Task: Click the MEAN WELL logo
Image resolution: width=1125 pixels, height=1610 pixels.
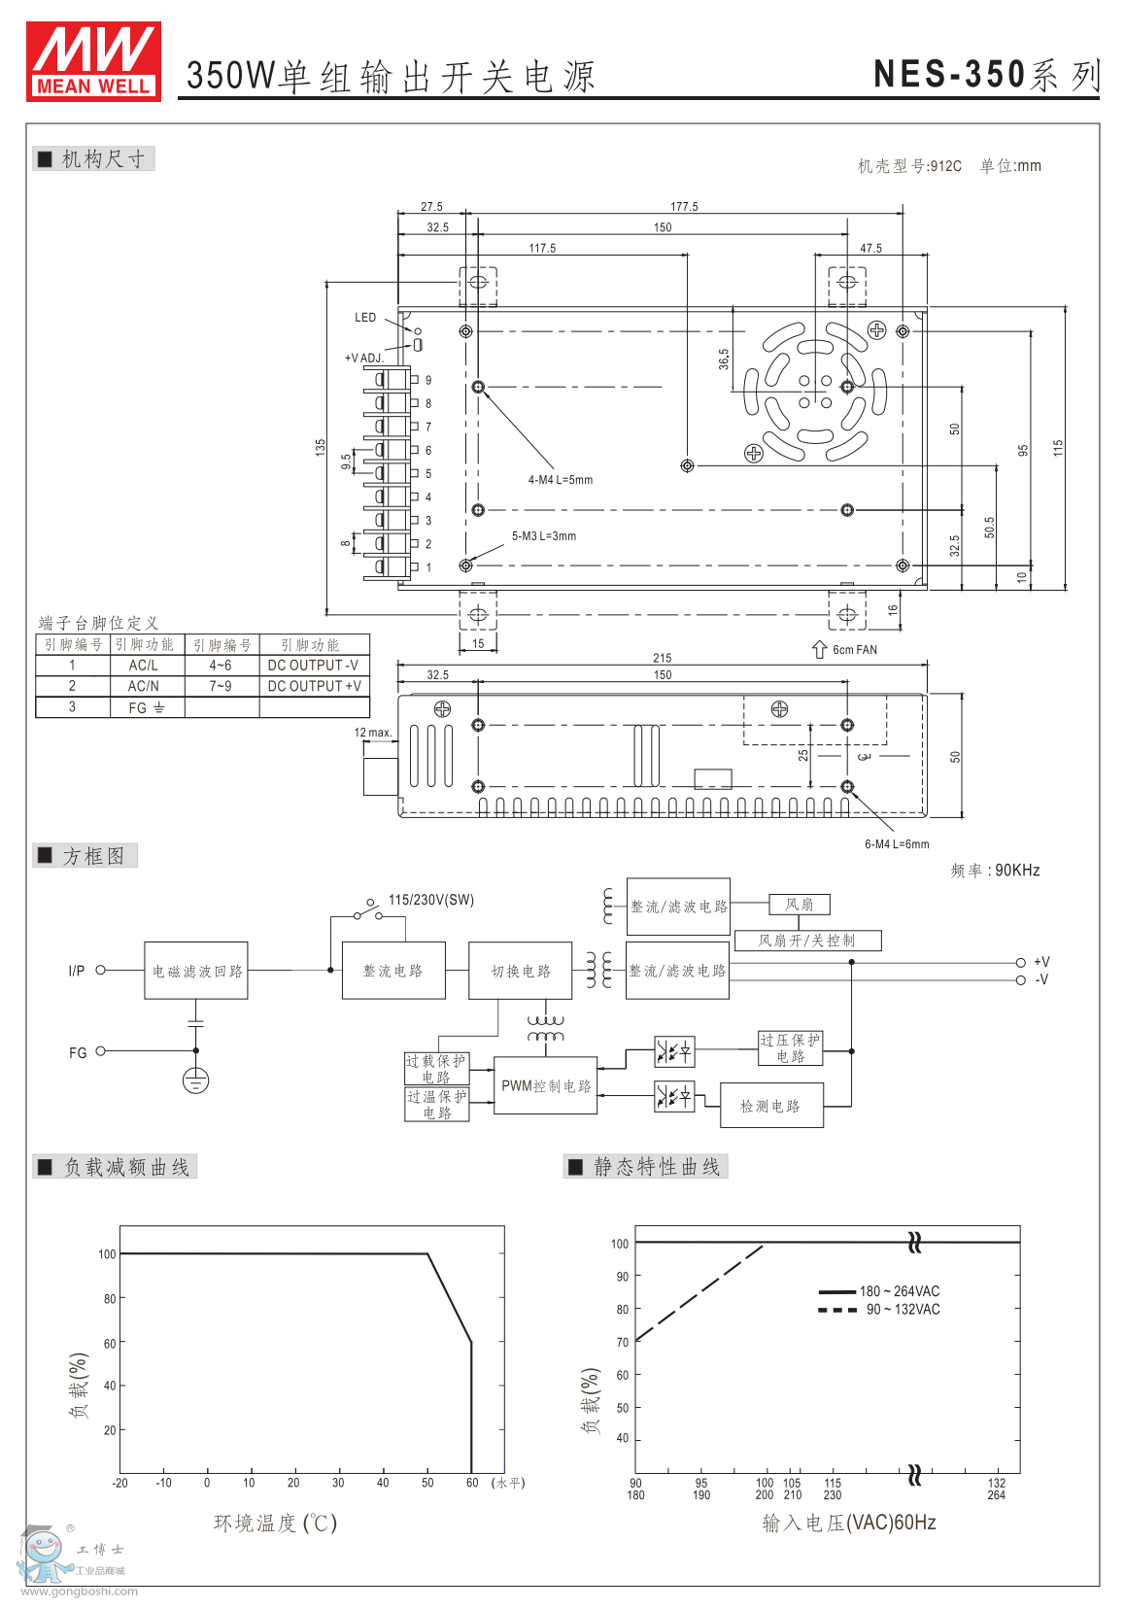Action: [x=93, y=61]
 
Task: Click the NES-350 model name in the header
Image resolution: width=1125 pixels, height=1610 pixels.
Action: [x=949, y=75]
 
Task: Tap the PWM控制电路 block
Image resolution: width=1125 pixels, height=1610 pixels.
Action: [x=545, y=1086]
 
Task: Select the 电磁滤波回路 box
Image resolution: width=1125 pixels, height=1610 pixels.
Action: [x=196, y=971]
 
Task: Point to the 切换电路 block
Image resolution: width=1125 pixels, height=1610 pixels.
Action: [x=520, y=971]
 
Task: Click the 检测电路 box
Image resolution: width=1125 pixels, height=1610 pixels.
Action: [x=771, y=1106]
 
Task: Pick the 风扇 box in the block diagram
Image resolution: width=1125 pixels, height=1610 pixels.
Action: [x=800, y=905]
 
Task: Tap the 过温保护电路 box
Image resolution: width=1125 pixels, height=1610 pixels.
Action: [x=436, y=1105]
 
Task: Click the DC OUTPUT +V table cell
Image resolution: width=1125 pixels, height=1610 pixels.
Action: [x=314, y=686]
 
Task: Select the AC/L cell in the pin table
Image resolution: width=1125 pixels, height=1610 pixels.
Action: [x=144, y=666]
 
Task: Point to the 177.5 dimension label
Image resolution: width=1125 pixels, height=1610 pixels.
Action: [x=684, y=207]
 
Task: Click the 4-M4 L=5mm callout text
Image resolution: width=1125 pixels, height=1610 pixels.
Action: [x=561, y=480]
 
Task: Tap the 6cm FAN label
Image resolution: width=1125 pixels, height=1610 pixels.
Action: [x=854, y=650]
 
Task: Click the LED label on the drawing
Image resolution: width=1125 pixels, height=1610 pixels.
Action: [x=365, y=318]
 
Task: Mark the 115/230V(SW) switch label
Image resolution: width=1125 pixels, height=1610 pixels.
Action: [x=431, y=900]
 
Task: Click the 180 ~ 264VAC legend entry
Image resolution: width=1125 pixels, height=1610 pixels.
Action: [x=899, y=1291]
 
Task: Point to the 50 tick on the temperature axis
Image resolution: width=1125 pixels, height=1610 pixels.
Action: [x=427, y=1483]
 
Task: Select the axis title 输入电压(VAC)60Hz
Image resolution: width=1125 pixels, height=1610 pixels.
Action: [x=848, y=1523]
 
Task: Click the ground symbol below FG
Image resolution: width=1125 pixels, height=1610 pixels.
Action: [x=195, y=1079]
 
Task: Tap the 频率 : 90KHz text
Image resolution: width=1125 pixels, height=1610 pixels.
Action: [x=995, y=870]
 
